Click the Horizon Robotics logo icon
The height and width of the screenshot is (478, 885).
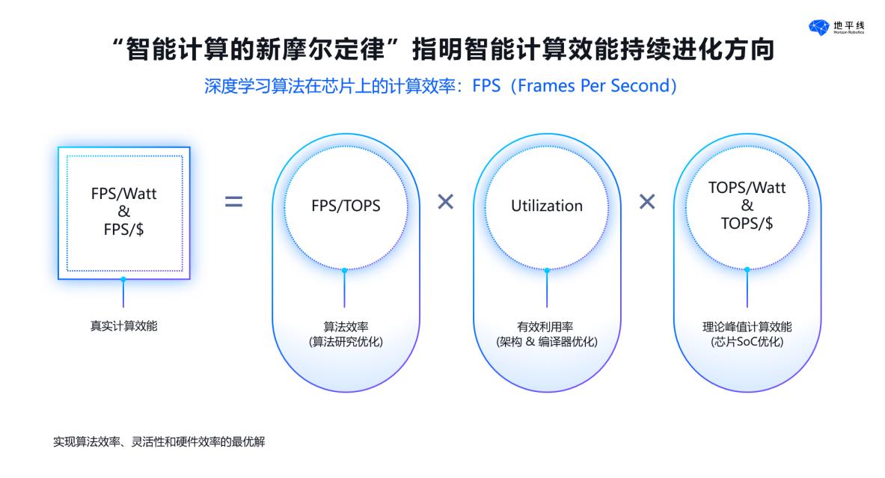(x=818, y=27)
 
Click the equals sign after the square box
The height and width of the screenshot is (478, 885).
(x=233, y=202)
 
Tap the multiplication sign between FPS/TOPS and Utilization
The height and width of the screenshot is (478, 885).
(x=445, y=201)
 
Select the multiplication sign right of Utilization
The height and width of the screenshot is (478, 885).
(x=647, y=201)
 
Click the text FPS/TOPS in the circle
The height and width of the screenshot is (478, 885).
(x=346, y=206)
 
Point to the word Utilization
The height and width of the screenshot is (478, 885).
(x=547, y=206)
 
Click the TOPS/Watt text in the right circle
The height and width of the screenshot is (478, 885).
(x=747, y=187)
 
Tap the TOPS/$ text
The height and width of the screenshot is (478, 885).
(x=747, y=224)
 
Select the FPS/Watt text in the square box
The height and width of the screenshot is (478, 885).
(x=123, y=194)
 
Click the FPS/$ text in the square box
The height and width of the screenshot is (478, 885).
(x=123, y=229)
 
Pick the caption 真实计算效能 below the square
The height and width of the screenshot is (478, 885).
(x=123, y=325)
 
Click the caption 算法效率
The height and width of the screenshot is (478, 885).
(x=346, y=326)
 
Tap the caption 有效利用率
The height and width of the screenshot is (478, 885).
(x=545, y=326)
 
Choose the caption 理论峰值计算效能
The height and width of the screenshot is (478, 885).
(x=747, y=326)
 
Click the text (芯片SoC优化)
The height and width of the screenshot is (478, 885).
(x=747, y=341)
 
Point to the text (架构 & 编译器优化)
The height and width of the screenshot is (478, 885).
(x=546, y=341)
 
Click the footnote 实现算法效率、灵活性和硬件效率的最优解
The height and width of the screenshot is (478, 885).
(x=159, y=441)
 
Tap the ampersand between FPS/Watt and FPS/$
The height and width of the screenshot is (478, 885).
(x=123, y=211)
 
